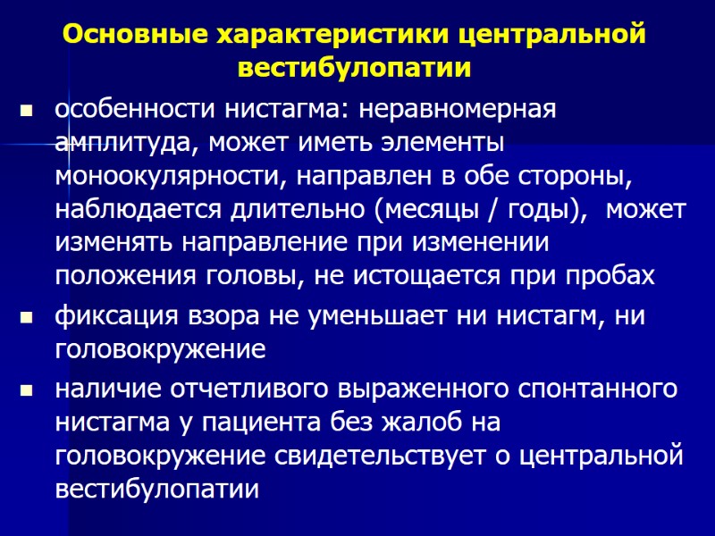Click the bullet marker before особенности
click(x=25, y=112)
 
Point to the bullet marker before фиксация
click(x=25, y=317)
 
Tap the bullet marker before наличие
click(x=25, y=390)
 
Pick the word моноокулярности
click(x=165, y=177)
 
